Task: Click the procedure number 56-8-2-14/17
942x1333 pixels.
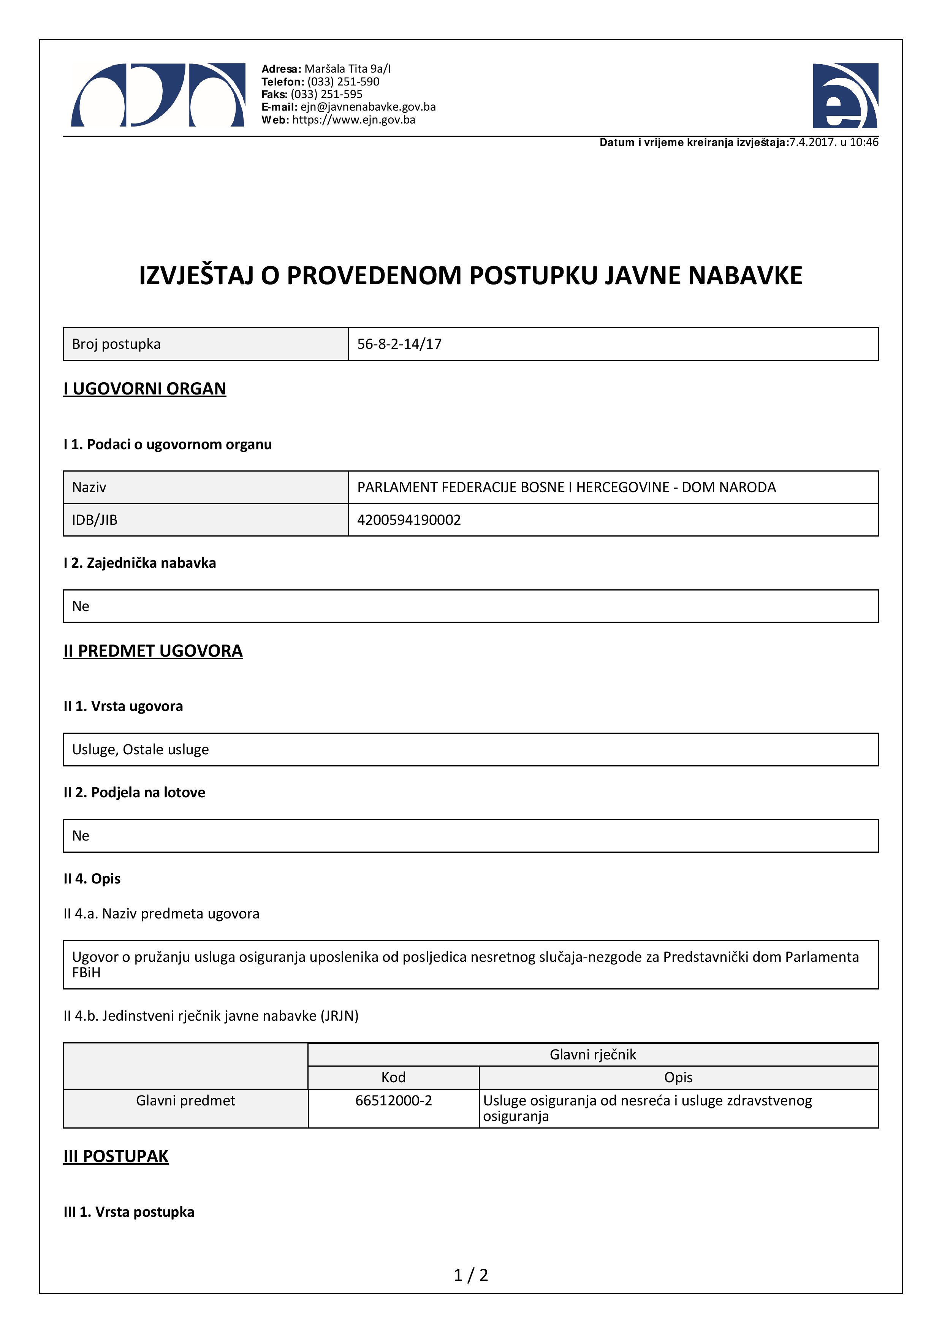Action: pyautogui.click(x=399, y=344)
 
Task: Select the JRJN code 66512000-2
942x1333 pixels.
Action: pyautogui.click(x=394, y=1101)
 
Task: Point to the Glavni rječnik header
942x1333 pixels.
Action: pyautogui.click(x=592, y=1054)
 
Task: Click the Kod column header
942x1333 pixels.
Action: pyautogui.click(x=394, y=1078)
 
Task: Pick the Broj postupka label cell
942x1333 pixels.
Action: pyautogui.click(x=116, y=344)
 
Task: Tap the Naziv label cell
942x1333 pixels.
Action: pyautogui.click(x=89, y=487)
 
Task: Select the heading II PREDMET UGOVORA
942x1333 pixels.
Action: pyautogui.click(x=153, y=651)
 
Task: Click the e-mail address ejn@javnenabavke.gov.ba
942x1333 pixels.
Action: pyautogui.click(x=368, y=107)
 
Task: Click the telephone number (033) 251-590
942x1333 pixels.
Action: pyautogui.click(x=343, y=82)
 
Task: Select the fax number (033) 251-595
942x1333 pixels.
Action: pyautogui.click(x=327, y=94)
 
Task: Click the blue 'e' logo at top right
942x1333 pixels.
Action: pyautogui.click(x=845, y=96)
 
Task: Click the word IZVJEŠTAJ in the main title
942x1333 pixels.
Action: pyautogui.click(x=196, y=276)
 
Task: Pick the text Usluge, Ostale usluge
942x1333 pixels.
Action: pyautogui.click(x=141, y=749)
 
